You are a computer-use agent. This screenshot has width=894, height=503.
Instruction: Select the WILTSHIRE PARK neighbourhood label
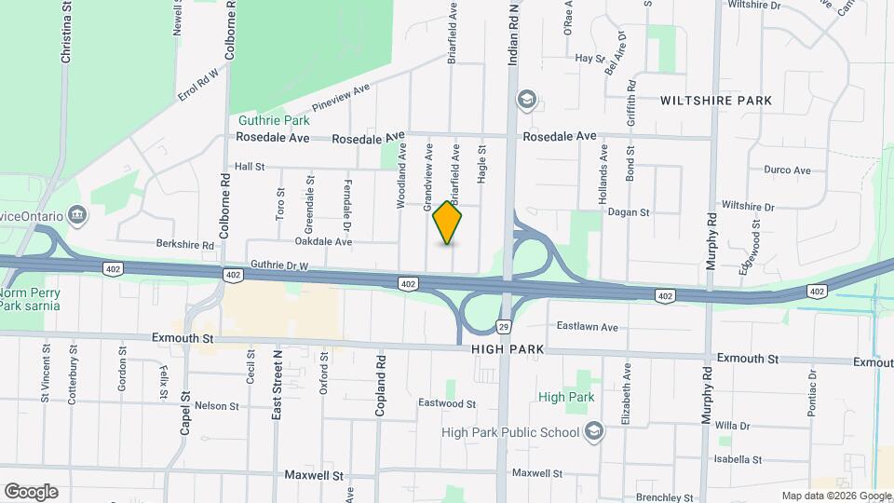click(716, 101)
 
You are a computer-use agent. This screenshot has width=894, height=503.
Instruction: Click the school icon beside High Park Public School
click(593, 431)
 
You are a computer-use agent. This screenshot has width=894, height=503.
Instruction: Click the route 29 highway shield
click(503, 327)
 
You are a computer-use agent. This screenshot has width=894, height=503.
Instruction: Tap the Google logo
click(31, 492)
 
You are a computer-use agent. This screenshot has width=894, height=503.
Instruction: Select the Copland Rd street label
click(380, 385)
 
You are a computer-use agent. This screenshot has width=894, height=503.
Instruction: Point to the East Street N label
click(277, 385)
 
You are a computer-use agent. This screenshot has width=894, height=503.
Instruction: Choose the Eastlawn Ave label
click(588, 327)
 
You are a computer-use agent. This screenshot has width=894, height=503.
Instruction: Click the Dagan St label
click(628, 212)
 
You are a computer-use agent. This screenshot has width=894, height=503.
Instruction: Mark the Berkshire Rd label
click(185, 245)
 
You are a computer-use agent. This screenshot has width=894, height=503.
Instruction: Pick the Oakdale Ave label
click(323, 241)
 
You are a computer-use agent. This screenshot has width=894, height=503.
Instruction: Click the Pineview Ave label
click(342, 97)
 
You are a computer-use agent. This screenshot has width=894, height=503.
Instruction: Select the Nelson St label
click(217, 406)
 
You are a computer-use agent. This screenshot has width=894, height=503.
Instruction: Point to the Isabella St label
click(738, 460)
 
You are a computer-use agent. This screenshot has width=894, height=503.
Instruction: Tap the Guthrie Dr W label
click(278, 266)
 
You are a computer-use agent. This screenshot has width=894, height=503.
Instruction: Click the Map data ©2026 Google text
click(835, 496)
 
